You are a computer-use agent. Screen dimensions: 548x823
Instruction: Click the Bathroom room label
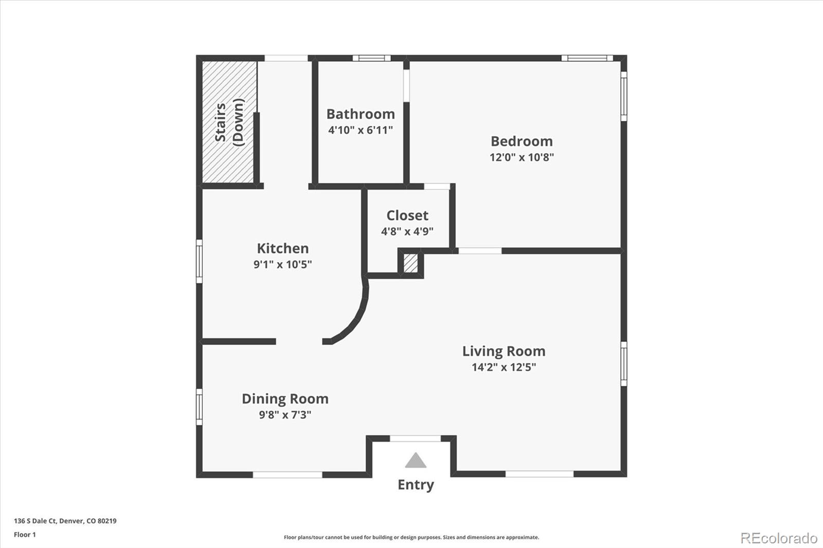coord(360,114)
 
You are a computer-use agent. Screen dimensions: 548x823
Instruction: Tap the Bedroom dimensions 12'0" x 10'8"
coord(521,157)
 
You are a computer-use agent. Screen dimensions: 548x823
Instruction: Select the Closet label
coord(407,215)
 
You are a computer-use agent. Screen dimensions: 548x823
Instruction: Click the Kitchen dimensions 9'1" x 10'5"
coord(282,265)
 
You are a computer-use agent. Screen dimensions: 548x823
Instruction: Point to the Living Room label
coord(503,351)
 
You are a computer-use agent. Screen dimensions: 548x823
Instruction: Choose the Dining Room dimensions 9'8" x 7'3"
coord(284,415)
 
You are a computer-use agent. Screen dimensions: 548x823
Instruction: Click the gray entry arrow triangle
coord(415,461)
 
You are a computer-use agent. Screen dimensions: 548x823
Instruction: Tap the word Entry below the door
coord(415,485)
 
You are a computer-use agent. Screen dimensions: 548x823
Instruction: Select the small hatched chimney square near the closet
coord(410,263)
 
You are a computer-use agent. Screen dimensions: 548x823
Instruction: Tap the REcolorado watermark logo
coord(778,538)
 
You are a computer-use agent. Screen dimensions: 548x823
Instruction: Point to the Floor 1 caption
coord(25,535)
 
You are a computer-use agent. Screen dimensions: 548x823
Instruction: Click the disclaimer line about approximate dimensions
coord(411,537)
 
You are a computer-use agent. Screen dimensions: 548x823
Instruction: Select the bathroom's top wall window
coord(371,58)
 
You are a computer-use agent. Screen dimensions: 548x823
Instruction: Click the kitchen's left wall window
coord(199,261)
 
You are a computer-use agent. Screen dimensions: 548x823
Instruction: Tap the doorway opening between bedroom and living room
coord(479,251)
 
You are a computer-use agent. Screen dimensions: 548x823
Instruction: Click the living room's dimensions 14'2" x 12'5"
coord(503,367)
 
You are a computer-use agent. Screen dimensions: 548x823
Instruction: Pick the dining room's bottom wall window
coord(287,474)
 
